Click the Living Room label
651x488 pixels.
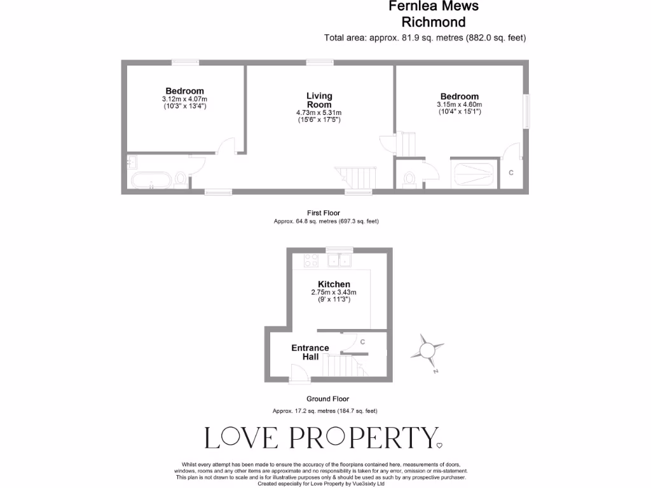(319, 100)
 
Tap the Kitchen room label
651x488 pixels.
(334, 284)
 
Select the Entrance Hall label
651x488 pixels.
(310, 352)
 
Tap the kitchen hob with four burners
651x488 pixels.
(312, 260)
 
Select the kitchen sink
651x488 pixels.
(339, 260)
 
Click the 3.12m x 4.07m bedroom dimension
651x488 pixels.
(184, 99)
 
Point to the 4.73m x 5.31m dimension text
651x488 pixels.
(319, 113)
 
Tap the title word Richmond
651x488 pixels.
(434, 22)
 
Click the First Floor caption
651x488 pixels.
(323, 213)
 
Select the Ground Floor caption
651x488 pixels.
(327, 399)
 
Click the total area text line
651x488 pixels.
(425, 37)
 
